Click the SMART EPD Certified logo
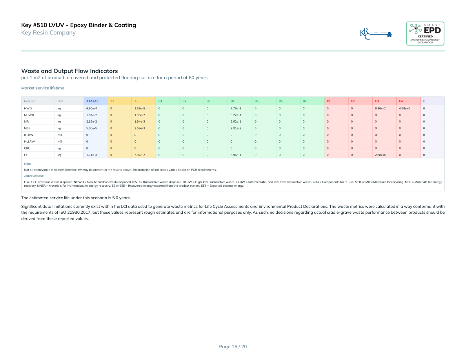click(425, 33)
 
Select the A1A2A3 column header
click(92, 101)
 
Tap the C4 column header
click(400, 101)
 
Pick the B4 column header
click(233, 101)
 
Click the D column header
click(424, 101)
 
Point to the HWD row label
click(27, 108)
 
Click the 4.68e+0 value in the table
click(404, 108)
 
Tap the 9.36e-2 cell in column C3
click(380, 108)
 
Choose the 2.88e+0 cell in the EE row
click(380, 155)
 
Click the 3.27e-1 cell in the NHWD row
click(236, 115)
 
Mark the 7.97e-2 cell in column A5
click(140, 155)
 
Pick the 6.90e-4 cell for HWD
click(91, 108)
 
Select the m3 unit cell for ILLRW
click(60, 135)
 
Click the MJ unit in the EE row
click(59, 155)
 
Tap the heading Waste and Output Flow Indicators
click(69, 71)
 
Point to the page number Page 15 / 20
click(233, 346)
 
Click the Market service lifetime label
click(42, 88)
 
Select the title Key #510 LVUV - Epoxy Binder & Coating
click(78, 25)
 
